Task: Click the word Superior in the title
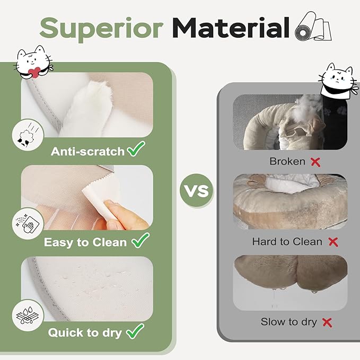pyautogui.click(x=101, y=29)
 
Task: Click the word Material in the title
pyautogui.click(x=231, y=28)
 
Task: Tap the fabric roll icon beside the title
pyautogui.click(x=313, y=27)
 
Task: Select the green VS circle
pyautogui.click(x=197, y=190)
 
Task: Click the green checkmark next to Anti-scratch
pyautogui.click(x=136, y=149)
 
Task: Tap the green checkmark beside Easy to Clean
pyautogui.click(x=141, y=240)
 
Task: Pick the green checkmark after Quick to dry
pyautogui.click(x=135, y=331)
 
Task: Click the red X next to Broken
pyautogui.click(x=315, y=162)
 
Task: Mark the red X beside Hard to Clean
pyautogui.click(x=333, y=242)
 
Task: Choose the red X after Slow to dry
pyautogui.click(x=327, y=322)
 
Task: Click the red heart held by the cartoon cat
pyautogui.click(x=34, y=72)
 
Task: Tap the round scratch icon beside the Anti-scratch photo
pyautogui.click(x=28, y=135)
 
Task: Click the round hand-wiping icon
pyautogui.click(x=28, y=224)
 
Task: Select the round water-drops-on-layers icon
pyautogui.click(x=28, y=315)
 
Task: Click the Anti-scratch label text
pyautogui.click(x=87, y=152)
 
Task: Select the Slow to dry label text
pyautogui.click(x=289, y=322)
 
